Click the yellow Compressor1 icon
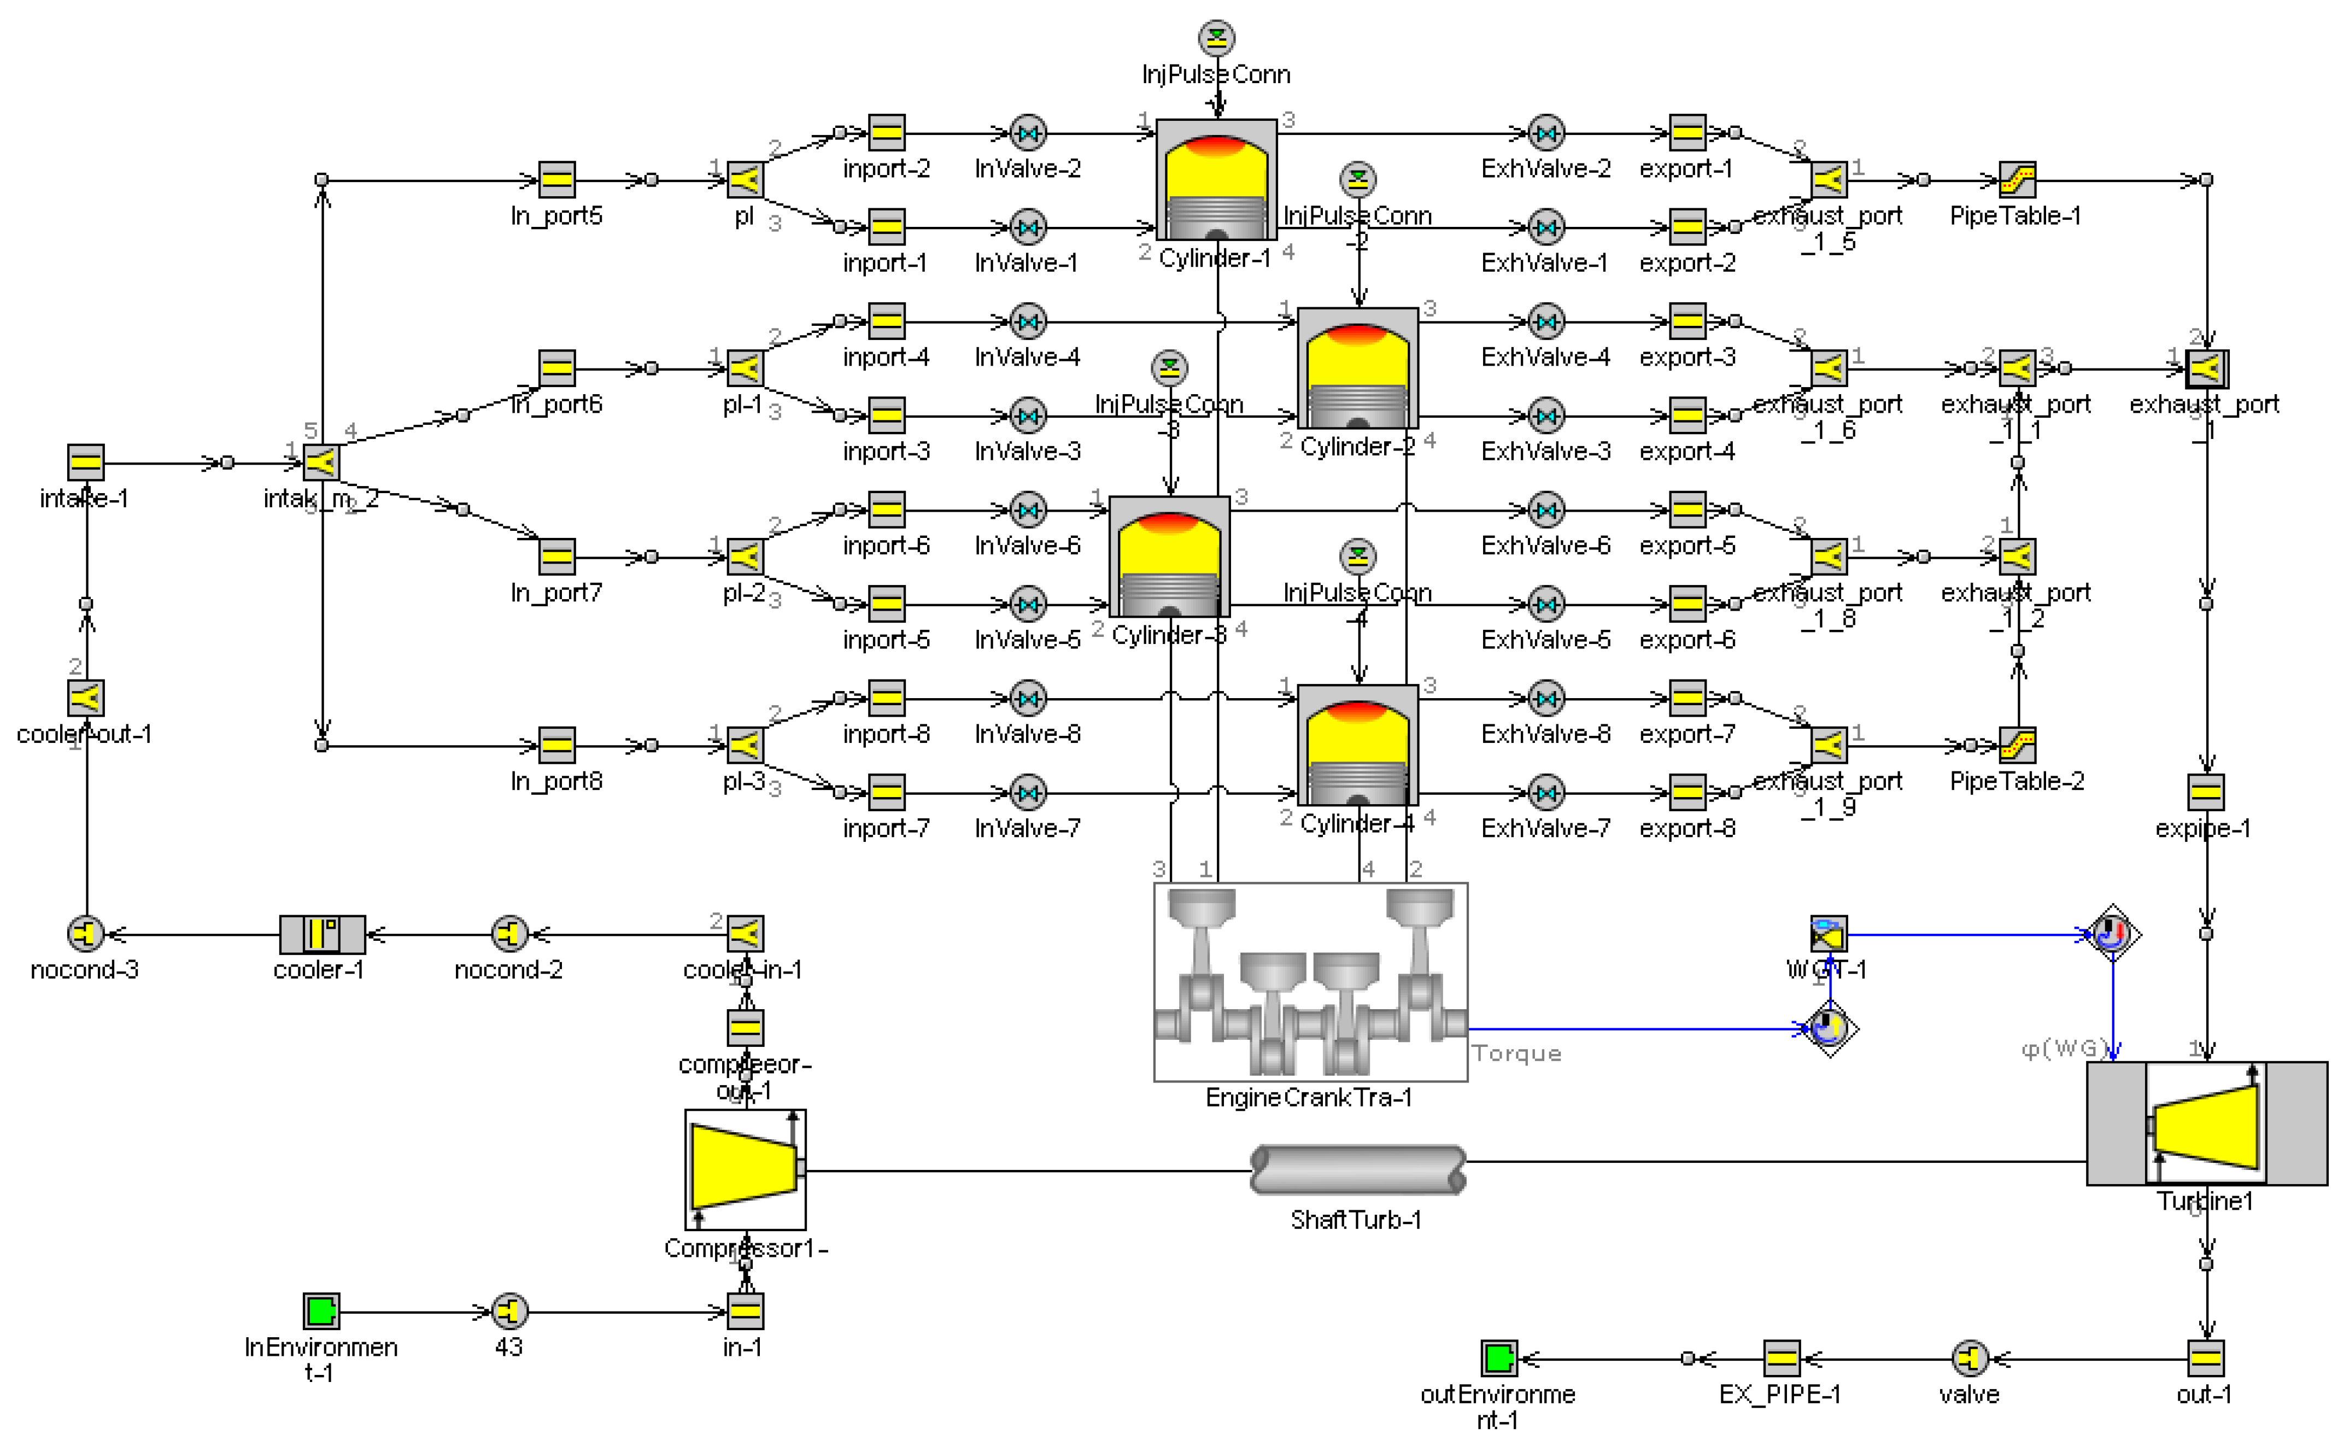click(x=745, y=1169)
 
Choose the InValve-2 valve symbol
click(x=1028, y=133)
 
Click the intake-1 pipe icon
click(x=86, y=463)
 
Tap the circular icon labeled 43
click(x=509, y=1311)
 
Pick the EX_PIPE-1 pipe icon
click(x=1780, y=1358)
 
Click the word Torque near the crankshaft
click(x=1516, y=1053)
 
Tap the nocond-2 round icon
click(x=509, y=933)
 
